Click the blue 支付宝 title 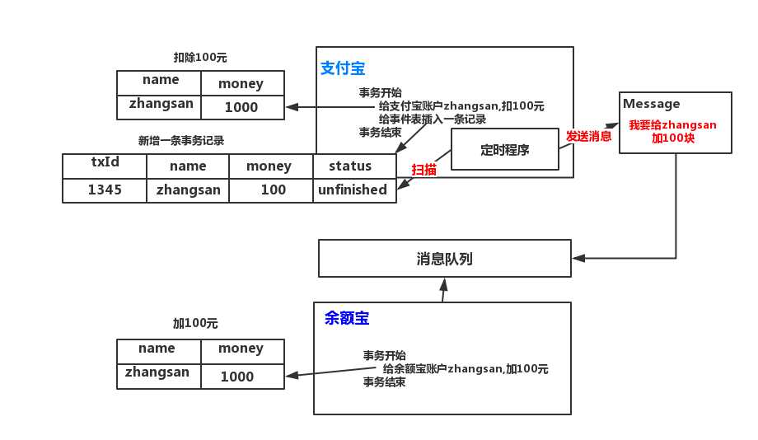(342, 69)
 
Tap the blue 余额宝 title (347, 317)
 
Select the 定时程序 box (504, 150)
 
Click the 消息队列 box (444, 259)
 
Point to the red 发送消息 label (588, 135)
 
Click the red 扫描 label (424, 169)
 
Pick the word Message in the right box (652, 104)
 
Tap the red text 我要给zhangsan (672, 124)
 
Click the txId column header (105, 161)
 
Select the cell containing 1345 (105, 190)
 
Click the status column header (350, 166)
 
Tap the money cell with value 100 (273, 190)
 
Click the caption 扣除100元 (199, 58)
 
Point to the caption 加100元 (195, 324)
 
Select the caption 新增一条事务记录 (181, 140)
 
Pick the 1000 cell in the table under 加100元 (237, 377)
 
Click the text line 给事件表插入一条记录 (433, 119)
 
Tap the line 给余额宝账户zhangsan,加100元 (466, 368)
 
